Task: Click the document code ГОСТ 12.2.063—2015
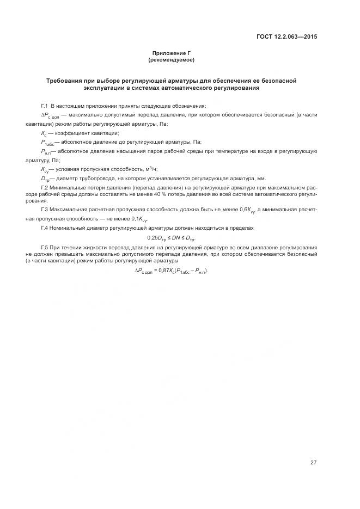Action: (287, 37)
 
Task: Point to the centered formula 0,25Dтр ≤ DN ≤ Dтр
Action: (171, 238)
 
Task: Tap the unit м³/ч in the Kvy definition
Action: (149, 169)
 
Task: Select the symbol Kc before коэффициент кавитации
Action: (44, 133)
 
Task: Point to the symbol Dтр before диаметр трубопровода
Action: (45, 179)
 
